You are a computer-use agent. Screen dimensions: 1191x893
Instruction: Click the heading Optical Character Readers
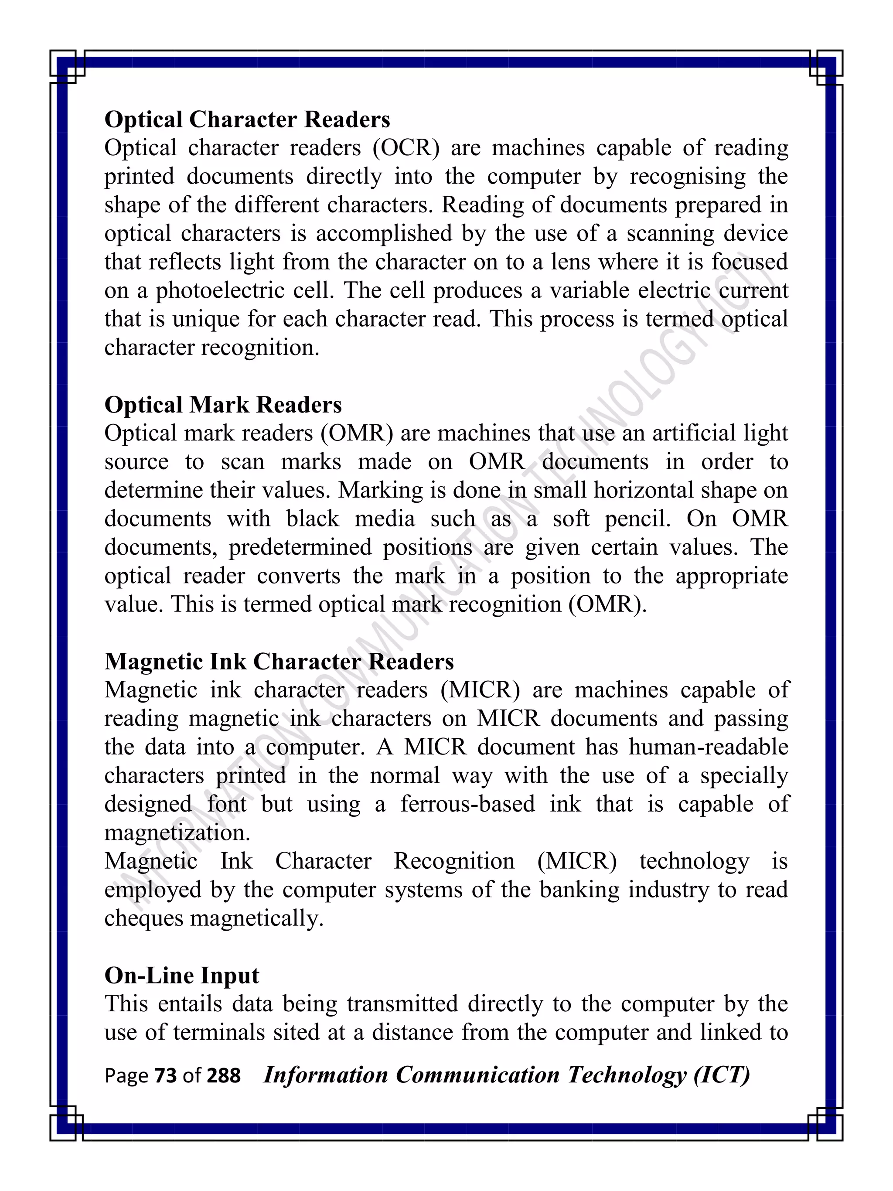(247, 119)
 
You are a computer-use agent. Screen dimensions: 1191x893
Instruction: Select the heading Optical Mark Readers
(223, 405)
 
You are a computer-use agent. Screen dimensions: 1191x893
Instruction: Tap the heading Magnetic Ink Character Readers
(279, 662)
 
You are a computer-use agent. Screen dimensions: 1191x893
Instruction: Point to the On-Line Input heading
(181, 976)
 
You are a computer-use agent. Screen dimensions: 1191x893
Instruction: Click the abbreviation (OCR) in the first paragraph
(406, 148)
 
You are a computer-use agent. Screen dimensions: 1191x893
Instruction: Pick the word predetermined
(300, 548)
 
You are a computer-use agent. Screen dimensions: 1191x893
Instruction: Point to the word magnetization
(177, 833)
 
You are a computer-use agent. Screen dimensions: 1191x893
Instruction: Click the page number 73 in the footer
(165, 1076)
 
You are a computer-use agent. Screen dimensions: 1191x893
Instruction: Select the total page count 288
(223, 1076)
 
